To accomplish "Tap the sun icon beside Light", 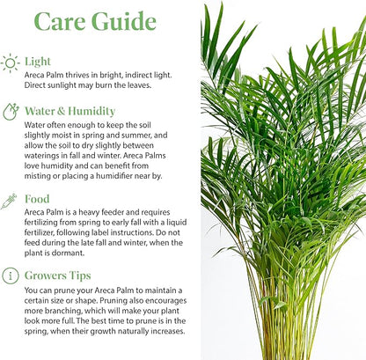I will pos(11,62).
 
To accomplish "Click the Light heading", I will pos(37,62).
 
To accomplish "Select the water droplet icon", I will pos(11,111).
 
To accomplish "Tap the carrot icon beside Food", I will pos(11,200).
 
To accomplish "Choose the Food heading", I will pos(37,199).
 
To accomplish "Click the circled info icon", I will pos(11,276).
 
